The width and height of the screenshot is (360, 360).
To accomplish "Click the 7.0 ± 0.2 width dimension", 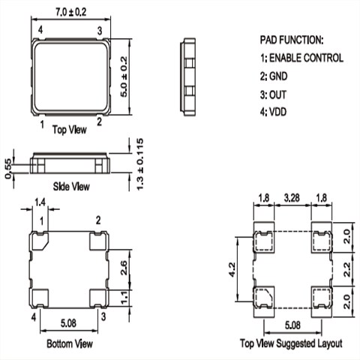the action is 70,12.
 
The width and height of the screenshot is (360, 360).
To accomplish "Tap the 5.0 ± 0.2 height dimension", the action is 124,76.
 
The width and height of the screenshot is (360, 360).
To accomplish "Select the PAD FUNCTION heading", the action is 292,40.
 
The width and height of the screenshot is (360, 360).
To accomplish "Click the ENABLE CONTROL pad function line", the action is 301,58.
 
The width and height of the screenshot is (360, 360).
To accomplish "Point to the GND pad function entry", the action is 274,76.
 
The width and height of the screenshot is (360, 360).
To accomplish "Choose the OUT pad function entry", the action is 273,94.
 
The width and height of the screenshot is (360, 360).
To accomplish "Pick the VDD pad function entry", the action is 273,112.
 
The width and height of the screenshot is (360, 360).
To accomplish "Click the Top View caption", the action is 70,130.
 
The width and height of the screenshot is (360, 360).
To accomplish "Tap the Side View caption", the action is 71,187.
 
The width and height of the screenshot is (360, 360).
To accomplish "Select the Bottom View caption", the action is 70,343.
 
